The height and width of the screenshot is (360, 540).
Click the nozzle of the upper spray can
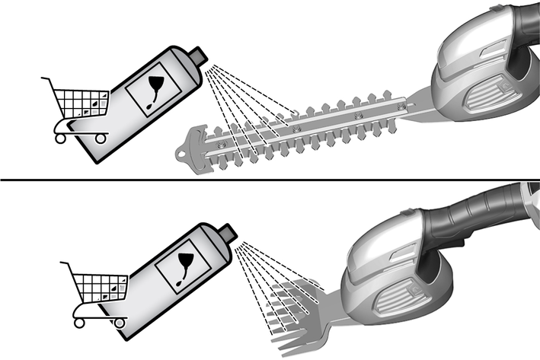199,56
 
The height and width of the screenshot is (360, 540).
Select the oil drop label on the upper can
152,92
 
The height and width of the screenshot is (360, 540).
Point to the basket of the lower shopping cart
99,286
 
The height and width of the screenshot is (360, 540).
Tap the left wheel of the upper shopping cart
60,139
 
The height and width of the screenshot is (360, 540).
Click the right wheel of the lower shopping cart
119,322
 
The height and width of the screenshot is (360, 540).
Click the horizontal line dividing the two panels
270,179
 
